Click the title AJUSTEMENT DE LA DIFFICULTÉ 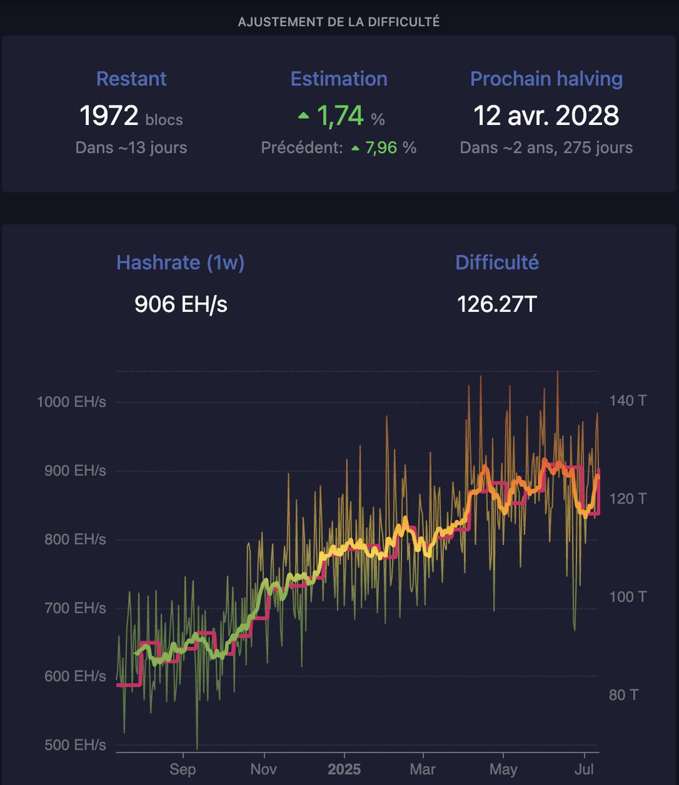(339, 22)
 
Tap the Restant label (131, 79)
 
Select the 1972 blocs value (131, 116)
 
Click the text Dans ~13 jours (131, 148)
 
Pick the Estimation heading (339, 79)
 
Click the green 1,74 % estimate (340, 116)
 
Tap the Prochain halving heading (546, 79)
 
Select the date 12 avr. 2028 (546, 116)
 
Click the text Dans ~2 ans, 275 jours (546, 148)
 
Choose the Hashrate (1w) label (181, 263)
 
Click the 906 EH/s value (181, 304)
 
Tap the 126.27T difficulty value (497, 304)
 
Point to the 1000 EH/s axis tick (71, 402)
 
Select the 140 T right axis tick (627, 400)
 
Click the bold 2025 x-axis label (343, 770)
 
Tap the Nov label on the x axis (263, 770)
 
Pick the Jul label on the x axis (584, 770)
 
